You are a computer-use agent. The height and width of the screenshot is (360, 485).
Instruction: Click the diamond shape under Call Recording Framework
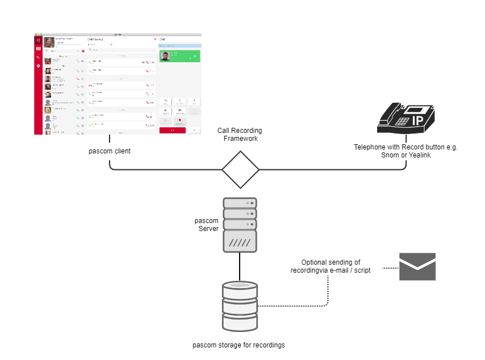pyautogui.click(x=240, y=169)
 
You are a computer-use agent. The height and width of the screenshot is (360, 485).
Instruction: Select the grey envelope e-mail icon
pyautogui.click(x=417, y=266)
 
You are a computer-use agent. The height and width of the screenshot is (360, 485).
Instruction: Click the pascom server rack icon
pyautogui.click(x=240, y=225)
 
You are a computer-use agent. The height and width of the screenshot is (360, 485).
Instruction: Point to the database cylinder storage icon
pyautogui.click(x=240, y=307)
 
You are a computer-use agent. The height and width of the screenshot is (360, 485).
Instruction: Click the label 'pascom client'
pyautogui.click(x=110, y=151)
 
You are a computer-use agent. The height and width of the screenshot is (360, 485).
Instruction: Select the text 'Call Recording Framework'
pyautogui.click(x=240, y=134)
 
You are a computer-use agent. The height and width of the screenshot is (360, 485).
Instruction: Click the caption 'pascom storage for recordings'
pyautogui.click(x=239, y=345)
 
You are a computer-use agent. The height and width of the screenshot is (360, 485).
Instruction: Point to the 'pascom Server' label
pyautogui.click(x=207, y=224)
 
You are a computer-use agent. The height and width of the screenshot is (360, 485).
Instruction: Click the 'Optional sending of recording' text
pyautogui.click(x=330, y=266)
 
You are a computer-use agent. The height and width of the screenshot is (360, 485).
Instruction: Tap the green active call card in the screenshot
pyautogui.click(x=179, y=56)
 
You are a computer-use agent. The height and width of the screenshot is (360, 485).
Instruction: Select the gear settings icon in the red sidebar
pyautogui.click(x=38, y=66)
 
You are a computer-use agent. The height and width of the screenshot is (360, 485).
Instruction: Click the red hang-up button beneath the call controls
pyautogui.click(x=172, y=130)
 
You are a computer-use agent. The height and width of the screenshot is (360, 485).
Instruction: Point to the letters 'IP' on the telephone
pyautogui.click(x=418, y=120)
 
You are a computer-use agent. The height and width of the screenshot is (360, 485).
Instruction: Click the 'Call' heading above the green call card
pyautogui.click(x=162, y=39)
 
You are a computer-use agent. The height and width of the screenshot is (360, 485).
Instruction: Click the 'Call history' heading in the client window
pyautogui.click(x=95, y=39)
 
